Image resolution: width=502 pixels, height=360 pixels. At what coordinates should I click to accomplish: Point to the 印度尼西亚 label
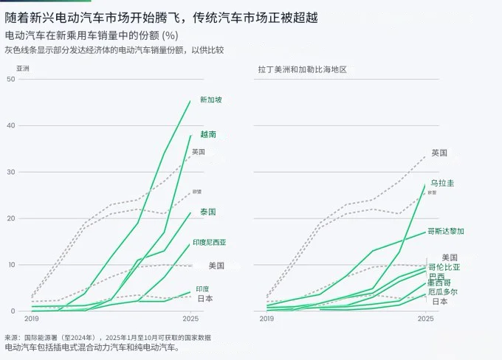(x=210, y=242)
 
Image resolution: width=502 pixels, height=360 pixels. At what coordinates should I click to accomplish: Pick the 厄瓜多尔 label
(x=443, y=291)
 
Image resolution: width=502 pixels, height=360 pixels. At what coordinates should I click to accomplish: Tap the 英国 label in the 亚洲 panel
(x=199, y=152)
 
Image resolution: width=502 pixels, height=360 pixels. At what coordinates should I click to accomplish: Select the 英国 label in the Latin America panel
(x=440, y=153)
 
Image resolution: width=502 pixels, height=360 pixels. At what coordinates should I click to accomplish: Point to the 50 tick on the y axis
(x=10, y=79)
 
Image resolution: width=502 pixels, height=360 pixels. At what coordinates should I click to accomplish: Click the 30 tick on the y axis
(x=10, y=172)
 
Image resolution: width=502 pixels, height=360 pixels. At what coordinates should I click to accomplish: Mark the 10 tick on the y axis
(x=10, y=265)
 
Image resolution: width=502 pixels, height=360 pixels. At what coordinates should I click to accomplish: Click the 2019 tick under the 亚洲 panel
(x=32, y=319)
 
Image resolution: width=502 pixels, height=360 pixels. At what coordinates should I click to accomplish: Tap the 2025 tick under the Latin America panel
(x=426, y=319)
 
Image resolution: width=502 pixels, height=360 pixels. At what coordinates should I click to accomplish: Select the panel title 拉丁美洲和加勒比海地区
(x=302, y=69)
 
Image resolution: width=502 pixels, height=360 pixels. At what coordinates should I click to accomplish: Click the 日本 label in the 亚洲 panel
(x=205, y=298)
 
